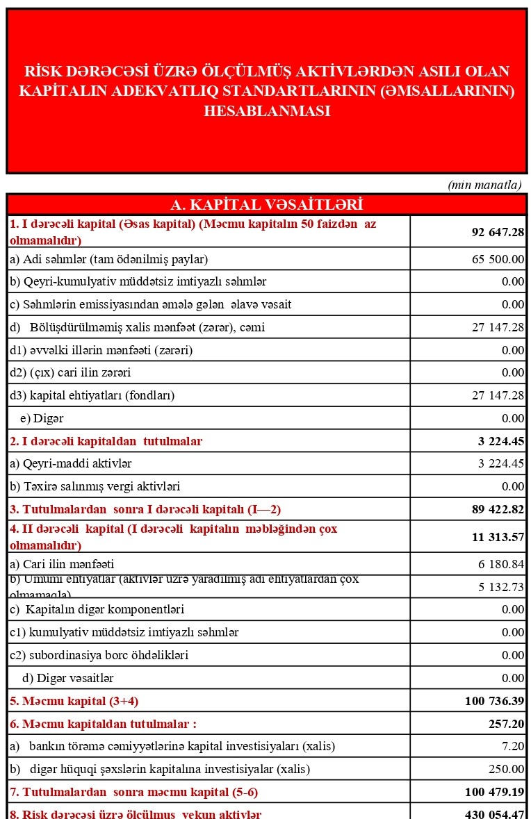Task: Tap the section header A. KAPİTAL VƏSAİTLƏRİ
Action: tap(267, 204)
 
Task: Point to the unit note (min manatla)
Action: tap(484, 184)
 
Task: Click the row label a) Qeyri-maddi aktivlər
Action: tap(70, 463)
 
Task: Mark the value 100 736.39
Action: tap(495, 701)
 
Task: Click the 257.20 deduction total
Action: tap(508, 724)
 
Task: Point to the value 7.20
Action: tap(513, 746)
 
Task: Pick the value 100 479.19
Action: tap(495, 792)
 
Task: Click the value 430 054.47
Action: tap(495, 813)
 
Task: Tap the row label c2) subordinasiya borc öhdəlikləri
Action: tap(99, 655)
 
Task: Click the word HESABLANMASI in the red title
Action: tap(267, 111)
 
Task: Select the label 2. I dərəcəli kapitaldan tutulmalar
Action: tap(106, 441)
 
